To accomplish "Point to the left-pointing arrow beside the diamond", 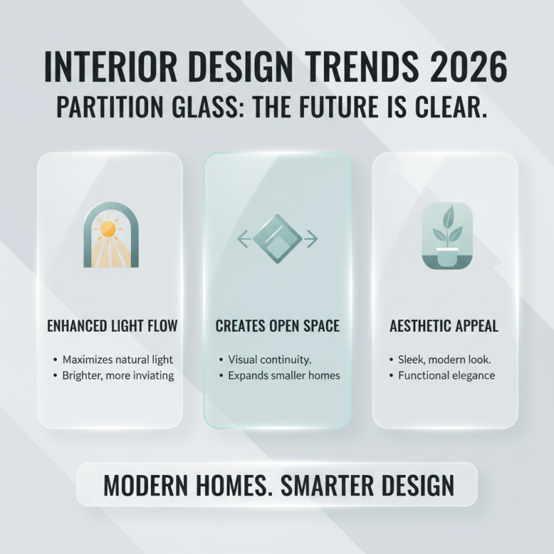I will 243,240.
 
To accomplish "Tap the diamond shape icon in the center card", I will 277,240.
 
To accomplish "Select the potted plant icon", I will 447,235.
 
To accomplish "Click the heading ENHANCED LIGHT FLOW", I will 111,325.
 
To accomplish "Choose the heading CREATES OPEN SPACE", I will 277,325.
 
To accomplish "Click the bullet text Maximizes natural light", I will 117,360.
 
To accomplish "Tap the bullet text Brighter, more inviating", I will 117,375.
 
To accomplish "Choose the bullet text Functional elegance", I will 446,375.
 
